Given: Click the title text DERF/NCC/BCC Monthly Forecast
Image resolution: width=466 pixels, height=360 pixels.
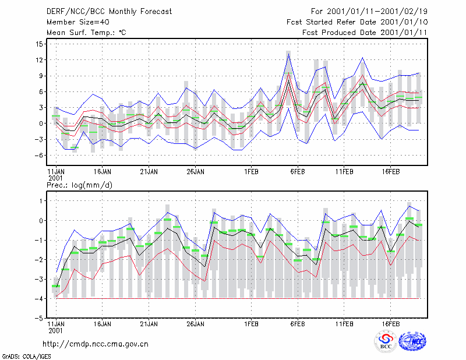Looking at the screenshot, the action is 109,12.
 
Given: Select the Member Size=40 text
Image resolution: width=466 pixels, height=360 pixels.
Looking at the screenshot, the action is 78,22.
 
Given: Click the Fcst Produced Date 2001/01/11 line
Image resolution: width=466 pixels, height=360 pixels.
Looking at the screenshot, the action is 365,33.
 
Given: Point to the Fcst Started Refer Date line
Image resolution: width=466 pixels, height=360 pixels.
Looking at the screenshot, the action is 357,22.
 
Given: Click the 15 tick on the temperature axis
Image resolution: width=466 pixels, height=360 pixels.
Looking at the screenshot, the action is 39,44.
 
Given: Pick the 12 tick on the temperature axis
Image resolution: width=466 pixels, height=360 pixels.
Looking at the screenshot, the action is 39,60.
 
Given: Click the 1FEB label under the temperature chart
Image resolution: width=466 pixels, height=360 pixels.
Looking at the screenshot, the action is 251,172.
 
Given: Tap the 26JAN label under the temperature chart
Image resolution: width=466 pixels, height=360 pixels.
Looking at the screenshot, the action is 195,172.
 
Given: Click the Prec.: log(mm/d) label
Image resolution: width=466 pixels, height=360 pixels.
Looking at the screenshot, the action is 79,185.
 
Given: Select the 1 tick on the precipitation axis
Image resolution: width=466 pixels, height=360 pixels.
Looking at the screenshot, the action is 41,201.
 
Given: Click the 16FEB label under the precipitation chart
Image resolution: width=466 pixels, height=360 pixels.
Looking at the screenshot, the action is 390,324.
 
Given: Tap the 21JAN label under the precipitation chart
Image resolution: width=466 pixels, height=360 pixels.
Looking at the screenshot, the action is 149,324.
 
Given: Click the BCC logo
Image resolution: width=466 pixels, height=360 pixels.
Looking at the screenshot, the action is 386,342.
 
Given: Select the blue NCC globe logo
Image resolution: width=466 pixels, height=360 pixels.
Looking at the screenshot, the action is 412,341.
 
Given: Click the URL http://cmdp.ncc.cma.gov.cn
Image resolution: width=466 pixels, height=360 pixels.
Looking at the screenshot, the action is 96,344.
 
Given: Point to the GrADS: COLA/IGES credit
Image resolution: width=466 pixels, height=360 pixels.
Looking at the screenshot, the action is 26,357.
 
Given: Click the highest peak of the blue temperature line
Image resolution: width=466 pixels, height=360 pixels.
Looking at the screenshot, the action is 288,54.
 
